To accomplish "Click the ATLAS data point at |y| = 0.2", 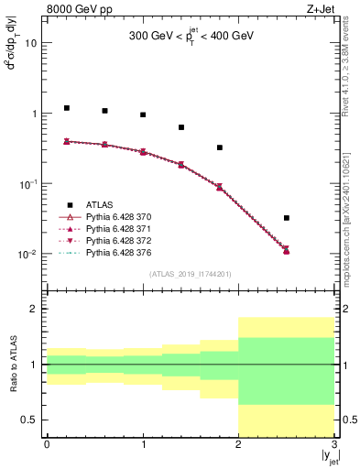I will click(x=66, y=108).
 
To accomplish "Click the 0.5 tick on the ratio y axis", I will click(x=31, y=420).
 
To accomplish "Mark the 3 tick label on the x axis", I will click(x=334, y=445).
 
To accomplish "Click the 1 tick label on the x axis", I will click(x=143, y=445).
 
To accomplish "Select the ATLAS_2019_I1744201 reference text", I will click(x=191, y=274).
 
